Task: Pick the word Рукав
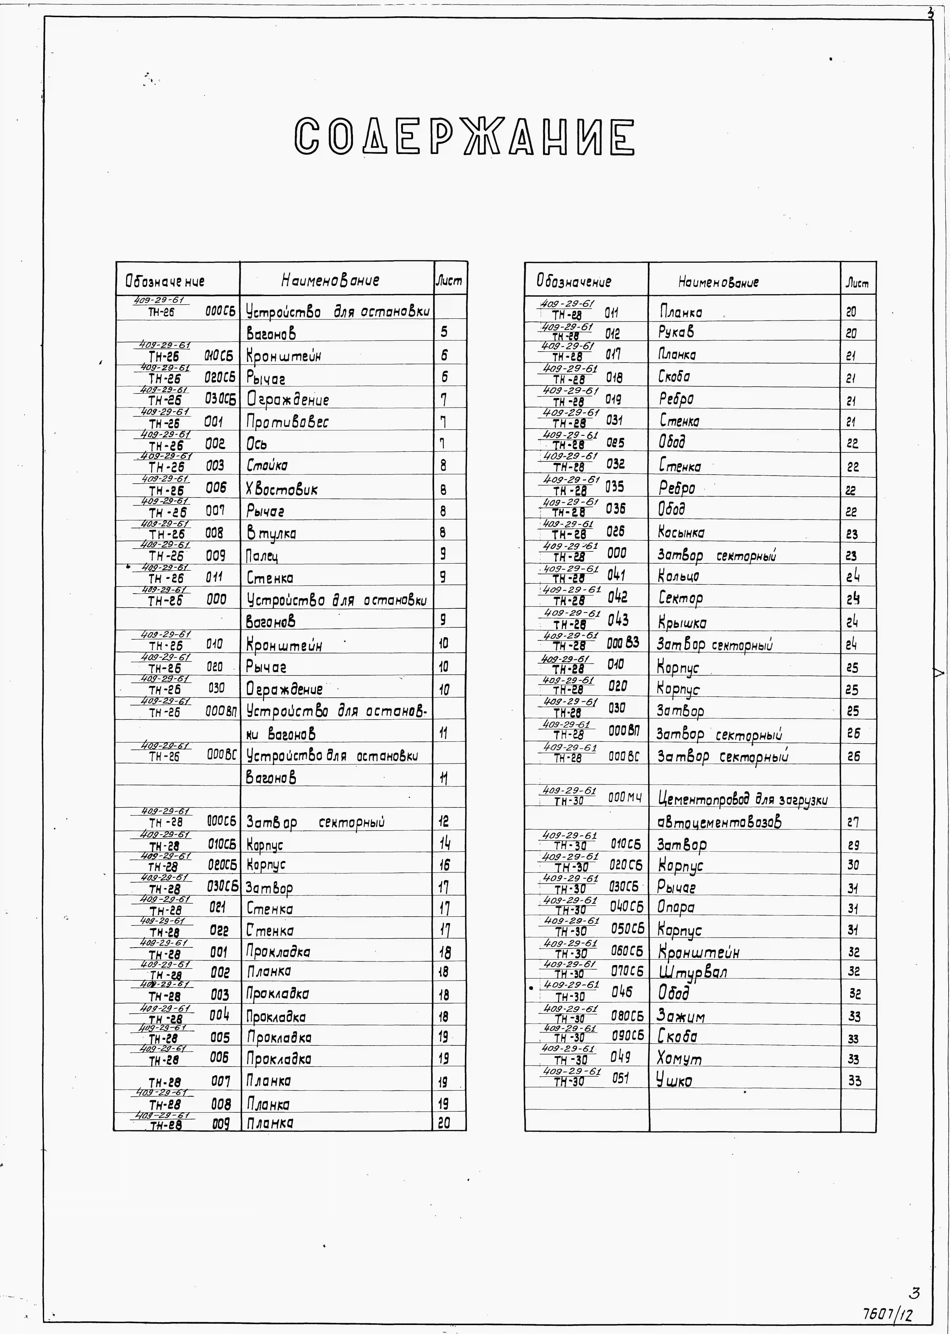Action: pos(676,332)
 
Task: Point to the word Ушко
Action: pos(674,1080)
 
